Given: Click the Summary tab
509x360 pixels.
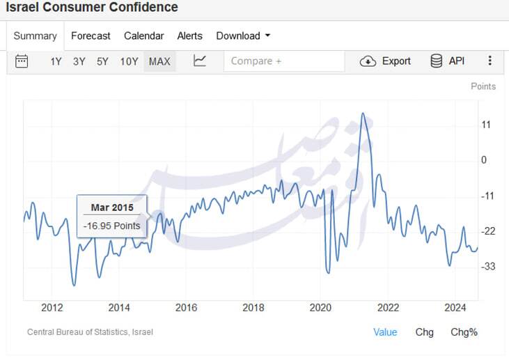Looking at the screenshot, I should point(35,36).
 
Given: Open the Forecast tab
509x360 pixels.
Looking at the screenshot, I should point(91,36).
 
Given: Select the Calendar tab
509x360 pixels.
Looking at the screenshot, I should point(144,36).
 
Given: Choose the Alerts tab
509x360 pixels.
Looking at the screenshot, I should point(189,36).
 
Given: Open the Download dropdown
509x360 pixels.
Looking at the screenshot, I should point(243,36).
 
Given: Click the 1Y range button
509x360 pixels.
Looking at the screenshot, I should point(56,61).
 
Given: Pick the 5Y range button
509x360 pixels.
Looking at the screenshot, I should point(102,61).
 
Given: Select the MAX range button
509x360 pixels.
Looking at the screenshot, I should point(159,61).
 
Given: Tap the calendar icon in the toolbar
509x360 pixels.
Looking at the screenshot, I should point(22,61).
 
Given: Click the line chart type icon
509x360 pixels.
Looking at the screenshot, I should point(200,61).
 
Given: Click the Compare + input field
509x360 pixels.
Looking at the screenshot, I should point(284,61).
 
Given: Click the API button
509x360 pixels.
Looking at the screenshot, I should point(448,61).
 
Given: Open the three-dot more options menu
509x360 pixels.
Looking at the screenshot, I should point(490,61).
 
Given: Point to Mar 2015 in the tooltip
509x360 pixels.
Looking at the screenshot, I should point(112,208).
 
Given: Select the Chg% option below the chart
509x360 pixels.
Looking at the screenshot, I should point(464,332).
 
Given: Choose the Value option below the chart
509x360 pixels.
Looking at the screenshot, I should point(385,332).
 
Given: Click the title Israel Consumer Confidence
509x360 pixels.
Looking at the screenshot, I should point(92,8).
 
